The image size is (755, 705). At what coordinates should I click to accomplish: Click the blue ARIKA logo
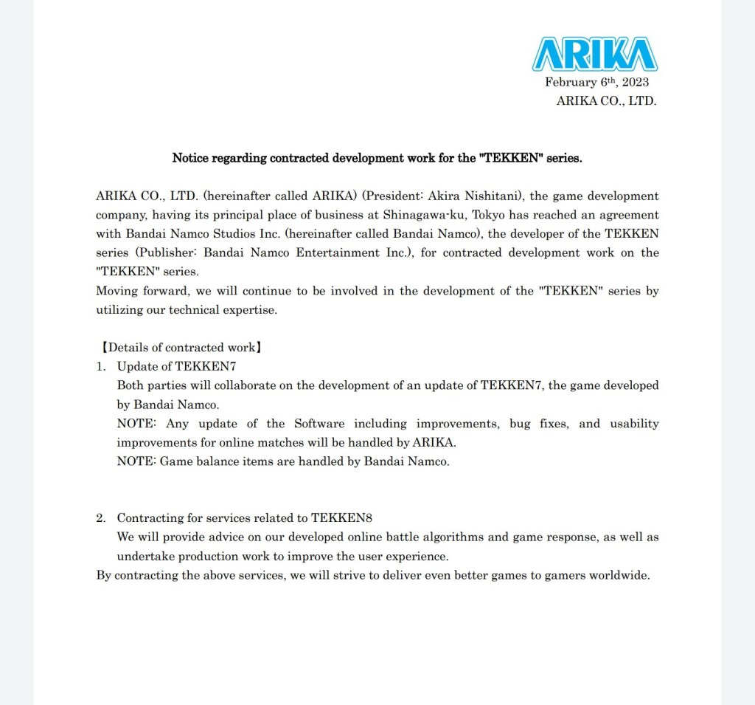point(594,54)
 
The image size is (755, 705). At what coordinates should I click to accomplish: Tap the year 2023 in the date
point(635,82)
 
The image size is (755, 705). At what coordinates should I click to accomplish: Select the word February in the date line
point(568,82)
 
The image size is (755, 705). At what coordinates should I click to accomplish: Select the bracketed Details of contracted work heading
point(180,348)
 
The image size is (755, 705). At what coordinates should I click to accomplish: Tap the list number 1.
point(100,366)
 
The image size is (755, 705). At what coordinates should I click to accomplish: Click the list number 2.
point(100,517)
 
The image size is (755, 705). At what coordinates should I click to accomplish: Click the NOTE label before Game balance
point(136,461)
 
